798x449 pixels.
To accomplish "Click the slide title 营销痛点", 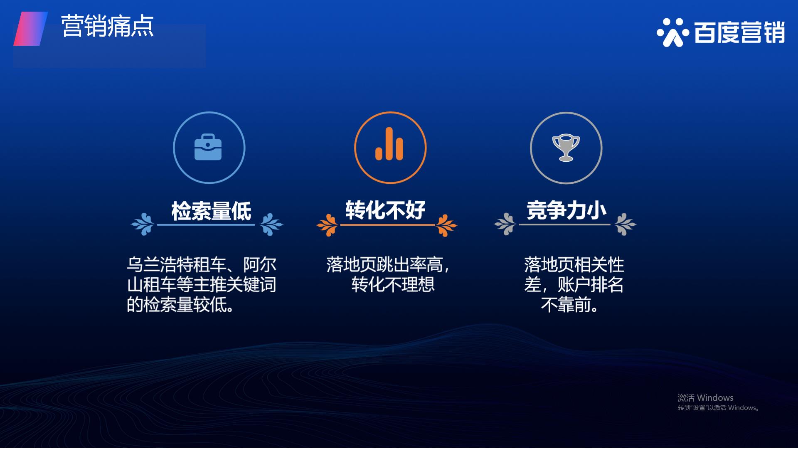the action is [x=108, y=26].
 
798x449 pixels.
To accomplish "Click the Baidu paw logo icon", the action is [x=670, y=32].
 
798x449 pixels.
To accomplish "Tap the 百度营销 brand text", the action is [x=739, y=32].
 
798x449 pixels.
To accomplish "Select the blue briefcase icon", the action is [x=208, y=147].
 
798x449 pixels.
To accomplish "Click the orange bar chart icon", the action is [x=389, y=143].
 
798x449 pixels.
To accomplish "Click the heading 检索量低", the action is [x=211, y=211].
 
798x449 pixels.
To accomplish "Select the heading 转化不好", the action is [x=385, y=210].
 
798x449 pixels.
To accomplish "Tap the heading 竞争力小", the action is [x=566, y=210].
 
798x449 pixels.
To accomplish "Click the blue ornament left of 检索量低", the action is [x=143, y=224].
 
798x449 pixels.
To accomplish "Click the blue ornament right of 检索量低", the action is [x=271, y=224].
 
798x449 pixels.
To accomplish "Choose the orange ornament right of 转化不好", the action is [x=446, y=225].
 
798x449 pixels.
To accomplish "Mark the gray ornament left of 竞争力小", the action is [x=505, y=224].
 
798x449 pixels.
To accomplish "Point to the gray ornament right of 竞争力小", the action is [x=625, y=224].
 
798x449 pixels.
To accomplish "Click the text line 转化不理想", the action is [x=393, y=285].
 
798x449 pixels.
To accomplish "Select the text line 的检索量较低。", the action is [x=181, y=305].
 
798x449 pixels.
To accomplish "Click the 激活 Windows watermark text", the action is [x=705, y=397].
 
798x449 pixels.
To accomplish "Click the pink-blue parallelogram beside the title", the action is [x=31, y=28].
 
